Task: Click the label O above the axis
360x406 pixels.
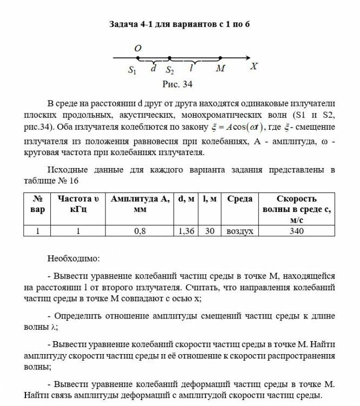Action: tap(138, 49)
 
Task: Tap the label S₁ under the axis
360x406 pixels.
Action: tap(132, 70)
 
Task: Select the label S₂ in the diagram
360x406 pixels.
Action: tap(170, 70)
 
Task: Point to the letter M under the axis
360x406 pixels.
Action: tap(220, 69)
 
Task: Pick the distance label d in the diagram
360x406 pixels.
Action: tap(154, 69)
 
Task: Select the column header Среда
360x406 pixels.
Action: tap(240, 199)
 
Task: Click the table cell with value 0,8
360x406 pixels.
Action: tap(139, 231)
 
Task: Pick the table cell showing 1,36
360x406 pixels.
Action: tap(186, 231)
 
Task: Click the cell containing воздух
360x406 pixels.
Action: tap(240, 231)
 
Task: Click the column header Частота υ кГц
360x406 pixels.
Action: tap(78, 204)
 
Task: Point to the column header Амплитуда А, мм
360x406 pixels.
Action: tap(139, 204)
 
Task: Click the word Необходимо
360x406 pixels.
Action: tap(73, 258)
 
